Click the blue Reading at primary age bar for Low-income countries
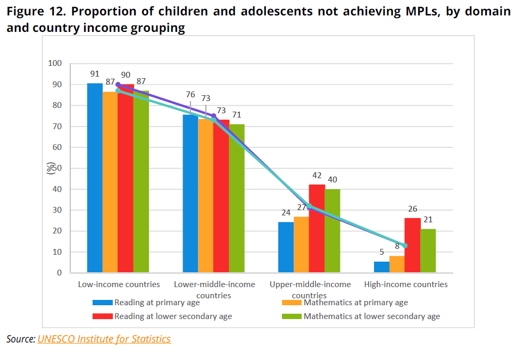coord(95,178)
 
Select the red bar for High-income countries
coord(412,245)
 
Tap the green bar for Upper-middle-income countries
coord(332,231)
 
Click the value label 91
coord(95,74)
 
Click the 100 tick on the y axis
coord(55,63)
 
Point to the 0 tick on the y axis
coord(59,273)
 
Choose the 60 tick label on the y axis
coord(56,147)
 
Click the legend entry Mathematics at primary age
coord(355,303)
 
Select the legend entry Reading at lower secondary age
coord(173,316)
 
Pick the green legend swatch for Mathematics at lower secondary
coord(291,316)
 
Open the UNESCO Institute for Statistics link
coord(104,339)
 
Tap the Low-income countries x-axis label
coord(119,284)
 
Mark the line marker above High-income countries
coord(405,246)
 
